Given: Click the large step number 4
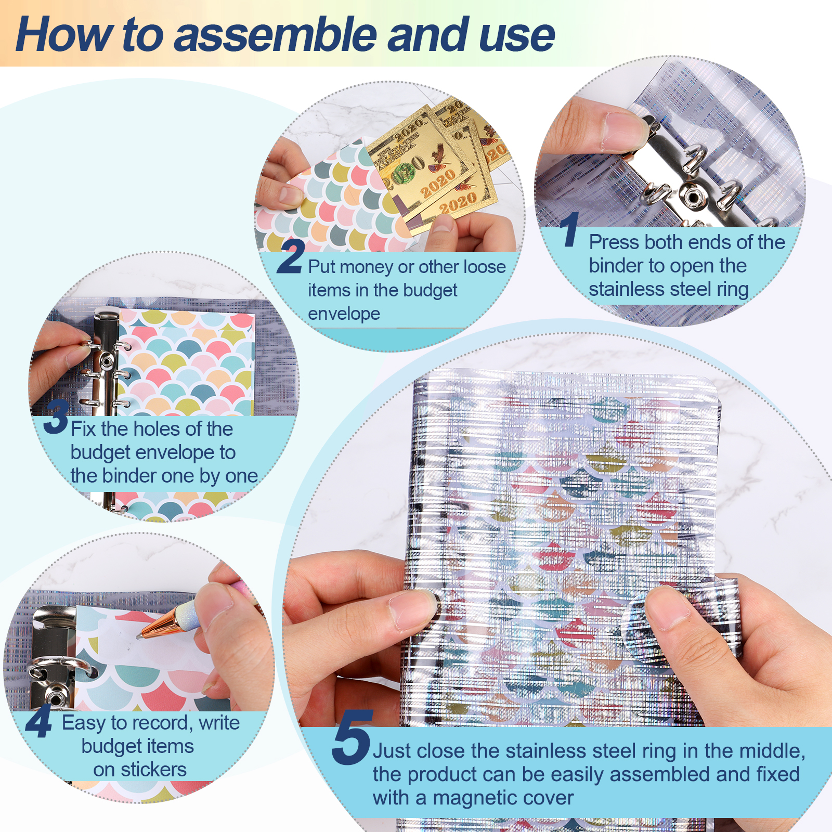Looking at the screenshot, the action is click(39, 721).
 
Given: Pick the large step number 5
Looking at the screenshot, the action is click(352, 737).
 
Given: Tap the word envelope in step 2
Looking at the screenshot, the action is click(344, 314).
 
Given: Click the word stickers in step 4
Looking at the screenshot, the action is click(153, 770).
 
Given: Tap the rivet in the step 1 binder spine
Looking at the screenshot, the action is click(692, 196).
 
